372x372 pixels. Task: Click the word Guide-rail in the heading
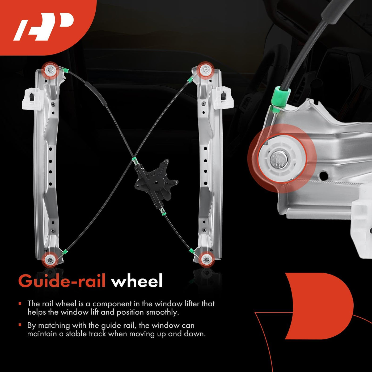[x=62, y=281]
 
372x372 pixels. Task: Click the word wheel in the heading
[x=137, y=281]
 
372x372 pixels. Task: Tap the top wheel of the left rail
[x=50, y=70]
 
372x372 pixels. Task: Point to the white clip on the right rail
[x=224, y=98]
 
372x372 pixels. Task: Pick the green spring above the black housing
[x=134, y=161]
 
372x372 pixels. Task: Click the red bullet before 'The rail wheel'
[x=20, y=304]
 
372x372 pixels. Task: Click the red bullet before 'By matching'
[x=20, y=325]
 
